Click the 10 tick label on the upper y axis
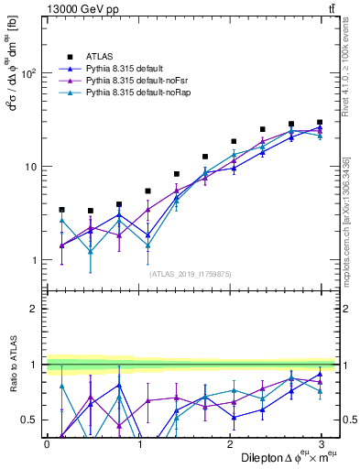click(x=34, y=167)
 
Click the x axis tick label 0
click(x=47, y=442)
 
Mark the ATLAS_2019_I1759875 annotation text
click(x=191, y=273)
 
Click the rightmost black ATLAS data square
click(x=320, y=122)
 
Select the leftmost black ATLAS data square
click(x=62, y=210)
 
